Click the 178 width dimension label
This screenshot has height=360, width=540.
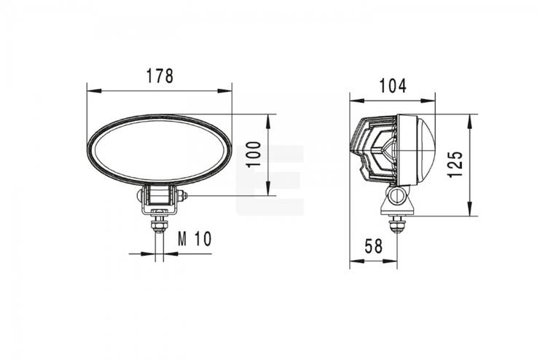coord(160,76)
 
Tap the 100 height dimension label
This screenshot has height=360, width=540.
coord(254,154)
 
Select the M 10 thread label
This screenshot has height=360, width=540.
coord(195,239)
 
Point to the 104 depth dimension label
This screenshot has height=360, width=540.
coord(393,86)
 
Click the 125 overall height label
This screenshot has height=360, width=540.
coord(455,164)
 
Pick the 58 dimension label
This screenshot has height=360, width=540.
coord(374,246)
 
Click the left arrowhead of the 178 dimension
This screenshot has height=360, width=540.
coord(94,91)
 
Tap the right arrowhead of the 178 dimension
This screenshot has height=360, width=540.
coord(224,91)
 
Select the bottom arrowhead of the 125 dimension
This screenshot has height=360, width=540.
coord(469,208)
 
